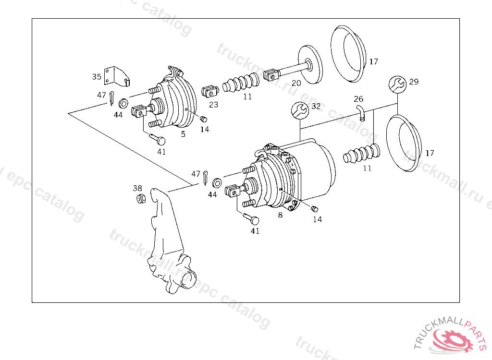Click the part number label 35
click(x=97, y=76)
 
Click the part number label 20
click(x=296, y=83)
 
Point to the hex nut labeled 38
click(x=141, y=198)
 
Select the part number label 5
click(x=183, y=134)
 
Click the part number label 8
click(x=280, y=215)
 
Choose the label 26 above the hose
click(x=358, y=99)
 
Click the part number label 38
click(x=137, y=188)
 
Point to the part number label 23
click(x=213, y=104)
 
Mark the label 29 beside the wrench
click(x=414, y=82)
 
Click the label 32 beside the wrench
click(x=316, y=106)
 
